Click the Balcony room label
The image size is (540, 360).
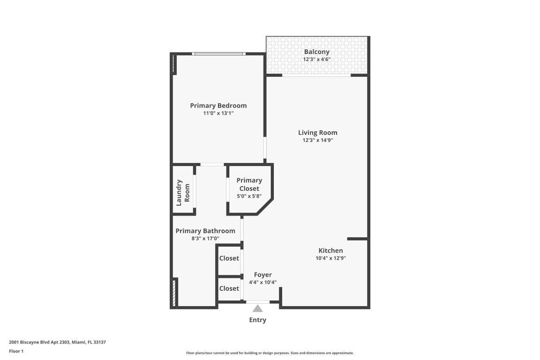pos(316,52)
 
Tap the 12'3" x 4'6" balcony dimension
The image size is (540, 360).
pos(316,60)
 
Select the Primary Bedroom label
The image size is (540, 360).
pos(218,105)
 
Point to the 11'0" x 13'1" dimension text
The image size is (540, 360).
pos(218,113)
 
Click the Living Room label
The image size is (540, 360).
pos(318,133)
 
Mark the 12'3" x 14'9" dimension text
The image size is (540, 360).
pos(318,140)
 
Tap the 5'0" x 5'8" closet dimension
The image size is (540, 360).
pos(249,196)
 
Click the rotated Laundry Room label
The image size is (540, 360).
pos(183,193)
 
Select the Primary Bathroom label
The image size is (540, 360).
pos(205,231)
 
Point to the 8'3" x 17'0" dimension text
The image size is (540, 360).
pos(205,239)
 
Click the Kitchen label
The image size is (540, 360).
pos(330,251)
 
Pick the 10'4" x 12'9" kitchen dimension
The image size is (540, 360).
pos(330,258)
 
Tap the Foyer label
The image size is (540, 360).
pos(262,275)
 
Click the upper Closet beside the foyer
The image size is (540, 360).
pos(229,258)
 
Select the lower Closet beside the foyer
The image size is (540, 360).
pos(229,288)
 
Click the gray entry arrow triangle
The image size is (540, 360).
pos(257,308)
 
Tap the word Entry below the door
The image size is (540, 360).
pos(257,320)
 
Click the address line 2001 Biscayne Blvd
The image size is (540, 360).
pos(57,342)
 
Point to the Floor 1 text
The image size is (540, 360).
pos(16,351)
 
